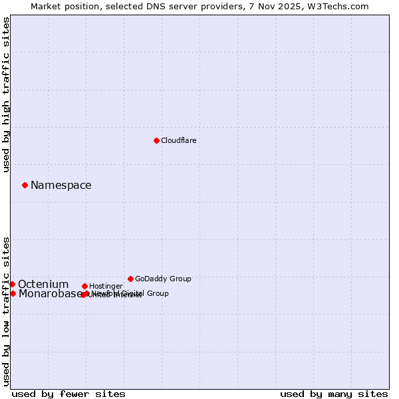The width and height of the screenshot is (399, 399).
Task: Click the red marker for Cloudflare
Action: (156, 140)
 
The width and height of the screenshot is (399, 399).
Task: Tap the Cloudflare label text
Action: (178, 140)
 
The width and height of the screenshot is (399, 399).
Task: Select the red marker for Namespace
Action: (25, 185)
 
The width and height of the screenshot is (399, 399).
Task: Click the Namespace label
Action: (61, 186)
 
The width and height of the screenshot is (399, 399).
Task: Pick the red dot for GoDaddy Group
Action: (130, 279)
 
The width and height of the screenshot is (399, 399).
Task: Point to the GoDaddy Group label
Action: (163, 279)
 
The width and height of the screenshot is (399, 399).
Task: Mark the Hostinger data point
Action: (84, 286)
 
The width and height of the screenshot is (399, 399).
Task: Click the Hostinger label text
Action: (106, 286)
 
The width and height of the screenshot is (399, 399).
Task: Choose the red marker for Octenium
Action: (12, 284)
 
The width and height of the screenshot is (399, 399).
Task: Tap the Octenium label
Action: (43, 285)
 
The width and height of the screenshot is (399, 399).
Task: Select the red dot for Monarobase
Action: (13, 293)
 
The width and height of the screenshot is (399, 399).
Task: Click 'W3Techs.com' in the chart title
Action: (341, 6)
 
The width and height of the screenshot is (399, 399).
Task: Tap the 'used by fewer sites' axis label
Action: (68, 394)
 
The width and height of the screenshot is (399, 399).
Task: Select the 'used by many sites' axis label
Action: (334, 394)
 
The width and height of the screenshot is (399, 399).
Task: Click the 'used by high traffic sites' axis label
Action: (6, 94)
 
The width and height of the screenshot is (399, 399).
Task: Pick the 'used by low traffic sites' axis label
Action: (6, 311)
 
